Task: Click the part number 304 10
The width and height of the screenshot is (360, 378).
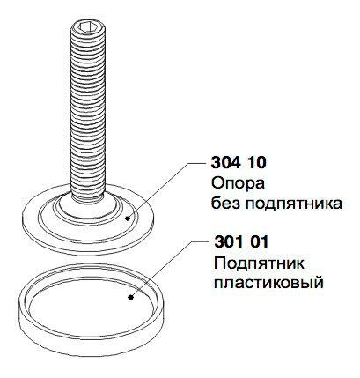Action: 239,162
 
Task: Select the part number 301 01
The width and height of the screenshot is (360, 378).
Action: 241,242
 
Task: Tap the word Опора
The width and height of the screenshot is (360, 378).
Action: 238,184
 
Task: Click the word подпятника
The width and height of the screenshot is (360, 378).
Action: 294,204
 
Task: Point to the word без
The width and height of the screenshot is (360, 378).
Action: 226,204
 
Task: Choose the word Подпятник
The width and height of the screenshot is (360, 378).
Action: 259,263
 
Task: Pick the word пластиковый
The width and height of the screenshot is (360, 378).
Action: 268,284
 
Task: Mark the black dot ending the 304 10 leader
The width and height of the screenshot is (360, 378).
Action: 128,219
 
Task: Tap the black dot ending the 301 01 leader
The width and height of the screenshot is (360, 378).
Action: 130,298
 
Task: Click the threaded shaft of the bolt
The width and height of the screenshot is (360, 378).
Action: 87,112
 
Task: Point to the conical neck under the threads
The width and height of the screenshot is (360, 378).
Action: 87,207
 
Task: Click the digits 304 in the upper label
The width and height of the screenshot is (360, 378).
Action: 224,162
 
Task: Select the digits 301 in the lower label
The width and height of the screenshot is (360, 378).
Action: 227,242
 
